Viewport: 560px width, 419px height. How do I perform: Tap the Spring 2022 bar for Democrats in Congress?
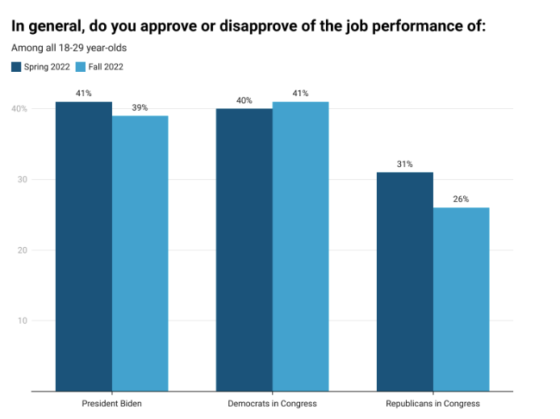pos(244,249)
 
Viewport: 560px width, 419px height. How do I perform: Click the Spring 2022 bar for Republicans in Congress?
pos(404,282)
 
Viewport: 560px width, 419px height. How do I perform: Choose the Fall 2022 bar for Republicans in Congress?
pos(461,300)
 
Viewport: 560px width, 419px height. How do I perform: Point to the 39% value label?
pos(140,107)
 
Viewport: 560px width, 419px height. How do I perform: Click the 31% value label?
pos(404,164)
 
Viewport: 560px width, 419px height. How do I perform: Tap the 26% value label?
pos(461,199)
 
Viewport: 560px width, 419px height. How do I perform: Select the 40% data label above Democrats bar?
pos(244,100)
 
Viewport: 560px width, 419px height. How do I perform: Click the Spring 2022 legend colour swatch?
pos(16,66)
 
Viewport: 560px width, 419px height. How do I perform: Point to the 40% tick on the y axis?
pos(19,109)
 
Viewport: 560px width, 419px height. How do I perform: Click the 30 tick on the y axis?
pos(23,179)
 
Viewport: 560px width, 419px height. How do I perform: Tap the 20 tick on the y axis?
pos(23,250)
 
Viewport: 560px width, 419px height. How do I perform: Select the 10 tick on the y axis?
pos(23,321)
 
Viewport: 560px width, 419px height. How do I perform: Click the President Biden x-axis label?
pos(111,403)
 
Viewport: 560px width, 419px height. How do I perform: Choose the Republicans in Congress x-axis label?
pos(433,403)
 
